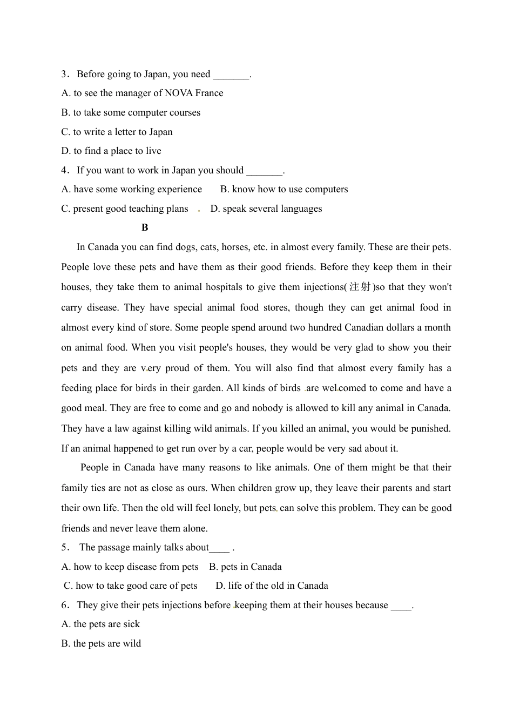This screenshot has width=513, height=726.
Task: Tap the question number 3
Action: (x=64, y=74)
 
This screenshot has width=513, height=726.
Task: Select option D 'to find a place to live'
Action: (x=111, y=151)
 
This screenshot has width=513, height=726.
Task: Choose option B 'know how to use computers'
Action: (x=284, y=189)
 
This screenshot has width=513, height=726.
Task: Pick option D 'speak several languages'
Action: (x=266, y=209)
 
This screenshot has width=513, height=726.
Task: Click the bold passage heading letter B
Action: (x=145, y=227)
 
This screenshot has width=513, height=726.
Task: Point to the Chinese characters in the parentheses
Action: (x=360, y=287)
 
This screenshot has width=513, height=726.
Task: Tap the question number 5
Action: (x=64, y=547)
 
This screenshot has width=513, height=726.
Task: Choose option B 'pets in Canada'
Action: (x=245, y=567)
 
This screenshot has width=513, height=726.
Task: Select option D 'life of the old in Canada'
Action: (x=272, y=586)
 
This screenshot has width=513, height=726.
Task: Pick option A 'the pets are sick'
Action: (x=100, y=624)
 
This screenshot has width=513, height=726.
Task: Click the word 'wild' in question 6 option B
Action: (x=132, y=643)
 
